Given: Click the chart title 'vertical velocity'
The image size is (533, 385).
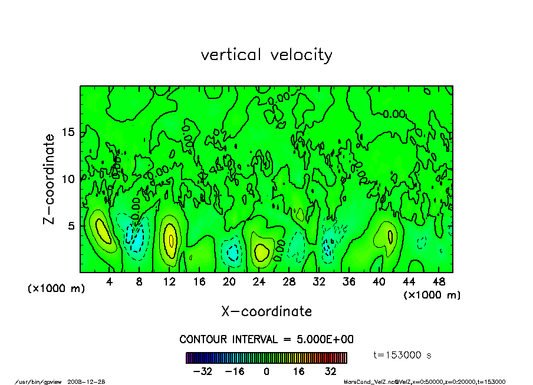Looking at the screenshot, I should coord(266,55).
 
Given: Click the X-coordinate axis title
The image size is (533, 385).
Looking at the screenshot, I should coord(266,311).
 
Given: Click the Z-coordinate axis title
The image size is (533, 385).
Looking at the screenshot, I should coord(49,178).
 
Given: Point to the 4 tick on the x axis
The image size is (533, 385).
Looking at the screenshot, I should coord(110,282).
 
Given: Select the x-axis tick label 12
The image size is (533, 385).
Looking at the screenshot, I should coord(169,282).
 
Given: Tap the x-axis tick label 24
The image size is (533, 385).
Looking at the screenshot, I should coord(259,282).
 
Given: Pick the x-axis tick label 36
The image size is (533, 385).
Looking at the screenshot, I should coord(348,282).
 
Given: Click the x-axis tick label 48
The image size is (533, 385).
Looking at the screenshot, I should coord(438,282).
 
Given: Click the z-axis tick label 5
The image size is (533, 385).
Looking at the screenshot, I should coord(71,225).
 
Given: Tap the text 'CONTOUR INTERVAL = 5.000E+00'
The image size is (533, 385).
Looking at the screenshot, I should coord(266,340).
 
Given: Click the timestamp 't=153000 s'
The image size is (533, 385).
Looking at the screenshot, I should coord(403,355).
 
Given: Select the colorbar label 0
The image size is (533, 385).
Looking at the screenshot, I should coord(266,371).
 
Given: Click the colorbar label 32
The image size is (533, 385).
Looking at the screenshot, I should coord(330,371).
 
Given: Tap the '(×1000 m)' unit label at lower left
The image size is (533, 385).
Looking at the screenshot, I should coord(57,289).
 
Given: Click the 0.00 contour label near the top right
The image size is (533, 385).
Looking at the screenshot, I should coord(394,114).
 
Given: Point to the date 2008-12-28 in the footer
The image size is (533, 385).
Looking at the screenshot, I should coord(91,381).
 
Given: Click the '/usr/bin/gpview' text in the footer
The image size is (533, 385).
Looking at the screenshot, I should coord(38,381).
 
